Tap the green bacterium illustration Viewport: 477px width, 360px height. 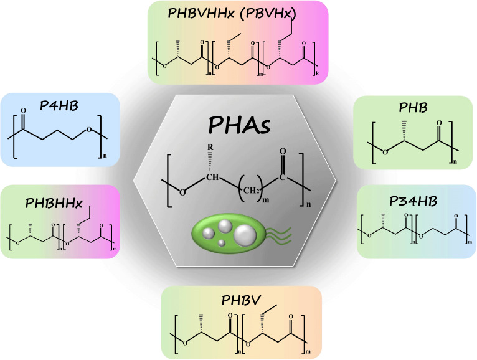tap(230, 236)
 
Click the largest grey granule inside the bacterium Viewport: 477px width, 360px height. tap(245, 235)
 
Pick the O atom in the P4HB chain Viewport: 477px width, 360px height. tap(90, 129)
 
